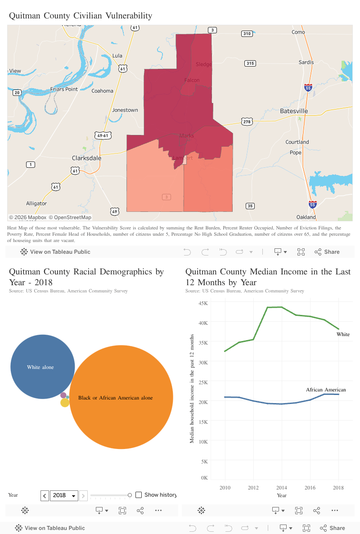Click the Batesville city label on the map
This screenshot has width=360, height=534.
coord(294,111)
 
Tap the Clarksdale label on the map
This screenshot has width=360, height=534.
coord(87,158)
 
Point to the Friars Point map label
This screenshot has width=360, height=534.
coord(64,89)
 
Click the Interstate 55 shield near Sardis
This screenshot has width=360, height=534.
coord(308,88)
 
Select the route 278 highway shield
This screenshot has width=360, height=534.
coord(246,121)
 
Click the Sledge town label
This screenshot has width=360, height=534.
coord(203,64)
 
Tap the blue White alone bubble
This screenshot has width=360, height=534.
coord(42,367)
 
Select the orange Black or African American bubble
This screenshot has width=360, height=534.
coord(121,397)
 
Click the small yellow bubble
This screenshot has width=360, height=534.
coord(65,403)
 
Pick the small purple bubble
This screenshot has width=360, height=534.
coord(63,395)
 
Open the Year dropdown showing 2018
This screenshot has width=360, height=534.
coord(64,495)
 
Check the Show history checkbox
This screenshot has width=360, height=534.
coord(139,495)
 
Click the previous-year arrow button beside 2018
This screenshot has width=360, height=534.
coord(45,495)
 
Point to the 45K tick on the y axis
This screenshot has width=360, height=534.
coord(203,303)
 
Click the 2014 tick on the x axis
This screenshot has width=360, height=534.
coord(282,488)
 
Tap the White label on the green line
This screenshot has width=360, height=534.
coord(343,334)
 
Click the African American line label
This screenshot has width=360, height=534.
coord(326,390)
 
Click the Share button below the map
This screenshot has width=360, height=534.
coord(327,252)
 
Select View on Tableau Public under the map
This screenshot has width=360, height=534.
coord(55,252)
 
